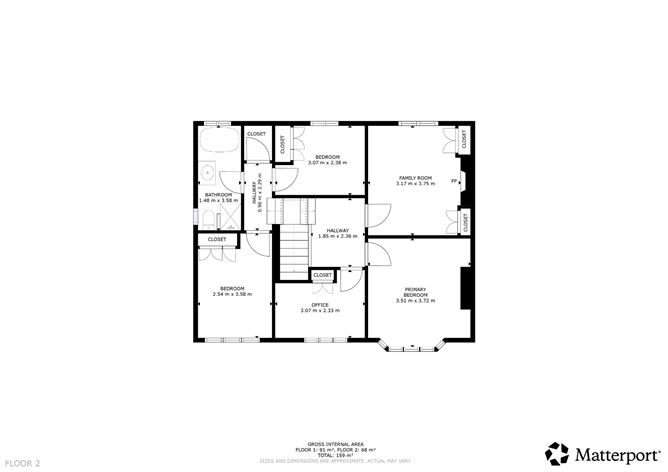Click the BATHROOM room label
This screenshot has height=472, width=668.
[x=218, y=197]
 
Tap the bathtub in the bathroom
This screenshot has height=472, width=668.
[x=217, y=142]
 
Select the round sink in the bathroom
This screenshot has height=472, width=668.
[x=208, y=171]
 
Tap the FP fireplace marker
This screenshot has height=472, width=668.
[x=455, y=181]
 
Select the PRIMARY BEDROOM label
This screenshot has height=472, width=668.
[x=415, y=294]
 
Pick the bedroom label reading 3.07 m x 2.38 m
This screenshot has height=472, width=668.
[x=328, y=160]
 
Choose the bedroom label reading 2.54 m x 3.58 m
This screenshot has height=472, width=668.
[x=232, y=291]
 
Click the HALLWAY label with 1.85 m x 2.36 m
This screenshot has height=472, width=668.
[x=337, y=233]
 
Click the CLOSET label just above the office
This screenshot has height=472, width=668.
[x=323, y=275]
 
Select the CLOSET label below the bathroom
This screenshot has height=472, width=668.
[x=217, y=239]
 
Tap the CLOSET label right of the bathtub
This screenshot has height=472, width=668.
[x=256, y=134]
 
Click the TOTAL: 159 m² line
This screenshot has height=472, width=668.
[x=334, y=455]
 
